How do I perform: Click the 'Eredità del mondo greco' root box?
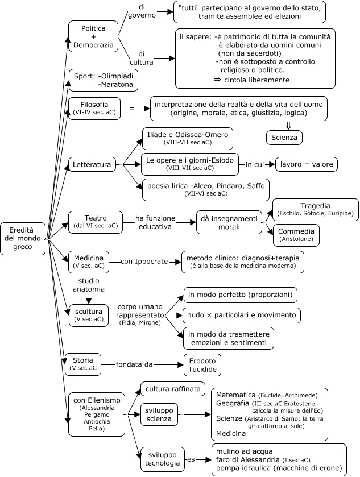[x=23, y=238]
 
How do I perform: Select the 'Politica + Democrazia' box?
[x=93, y=36]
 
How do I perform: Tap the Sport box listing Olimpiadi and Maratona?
[x=102, y=80]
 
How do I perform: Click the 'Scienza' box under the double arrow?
[x=284, y=137]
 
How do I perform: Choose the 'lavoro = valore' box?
[x=306, y=164]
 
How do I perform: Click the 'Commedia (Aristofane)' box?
[x=296, y=235]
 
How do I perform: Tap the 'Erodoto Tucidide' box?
[x=202, y=364]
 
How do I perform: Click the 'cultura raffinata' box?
[x=173, y=389]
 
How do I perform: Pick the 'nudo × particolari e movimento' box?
[x=242, y=314]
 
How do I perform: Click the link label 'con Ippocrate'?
[x=144, y=262]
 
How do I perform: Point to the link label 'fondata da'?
[x=134, y=364]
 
